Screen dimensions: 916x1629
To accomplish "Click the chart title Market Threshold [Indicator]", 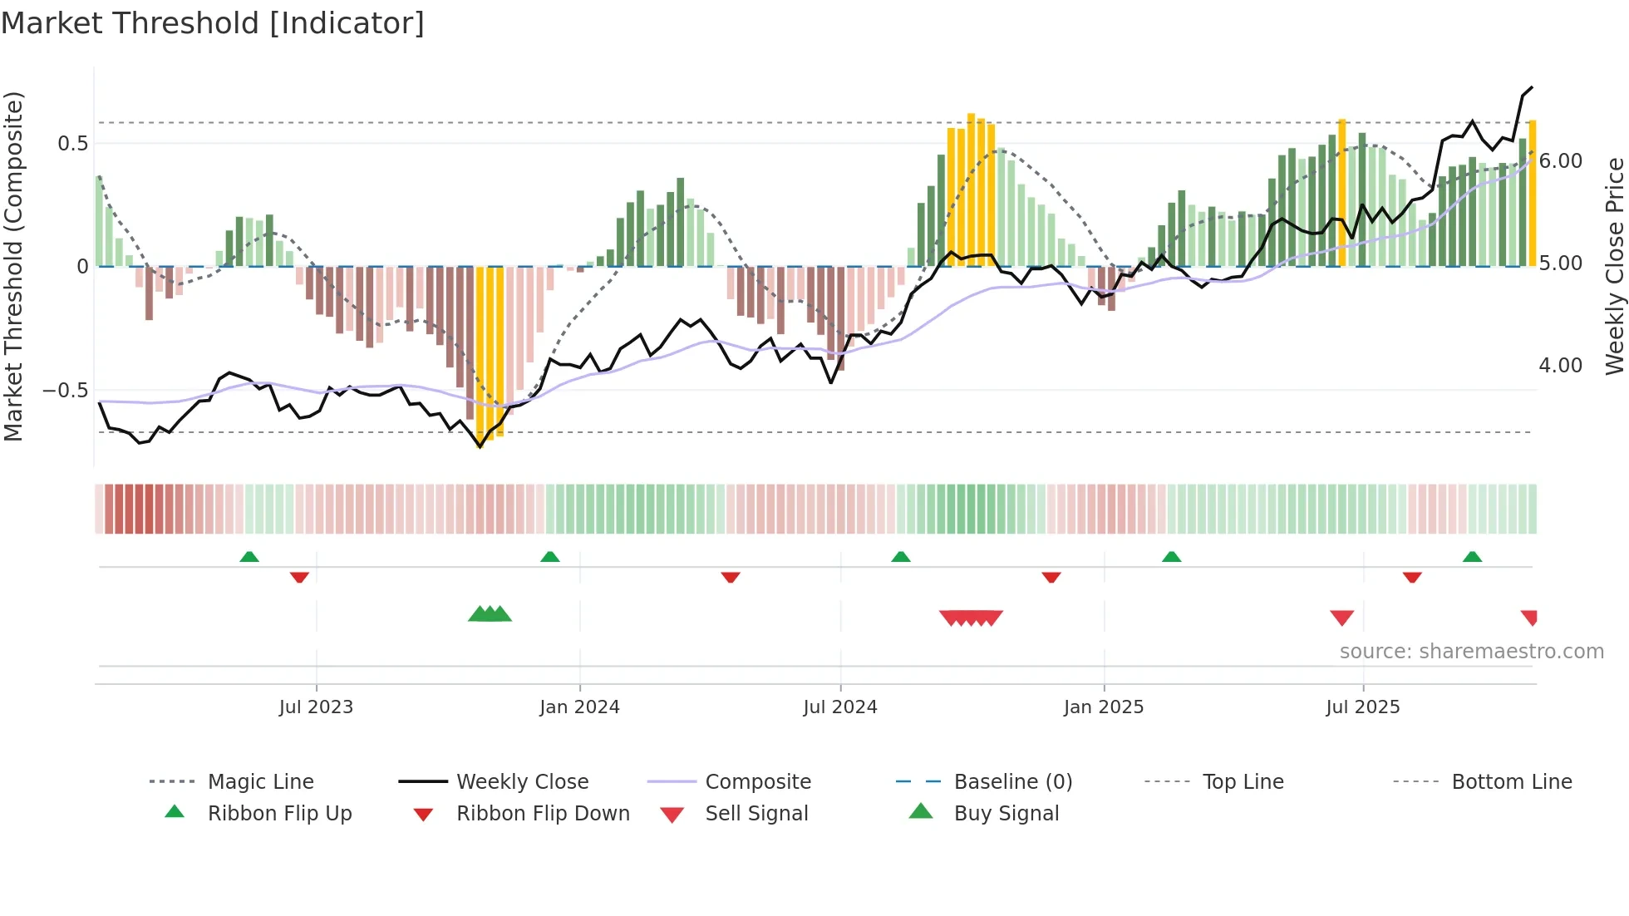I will [213, 23].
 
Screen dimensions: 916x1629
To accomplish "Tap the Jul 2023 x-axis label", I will [316, 707].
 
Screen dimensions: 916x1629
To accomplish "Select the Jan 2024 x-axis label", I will [579, 707].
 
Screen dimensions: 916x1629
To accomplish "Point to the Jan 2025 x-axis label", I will [1103, 707].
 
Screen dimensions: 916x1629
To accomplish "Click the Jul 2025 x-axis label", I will [1362, 707].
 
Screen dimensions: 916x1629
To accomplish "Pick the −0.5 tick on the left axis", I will [65, 391].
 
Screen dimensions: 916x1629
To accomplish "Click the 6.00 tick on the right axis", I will [1560, 161].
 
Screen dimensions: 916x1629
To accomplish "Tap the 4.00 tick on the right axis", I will [1560, 366].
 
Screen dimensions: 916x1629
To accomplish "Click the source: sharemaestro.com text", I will [1471, 652].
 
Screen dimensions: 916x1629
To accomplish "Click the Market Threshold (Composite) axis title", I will [13, 266].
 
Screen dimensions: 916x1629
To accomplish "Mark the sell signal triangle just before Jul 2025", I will [1341, 618].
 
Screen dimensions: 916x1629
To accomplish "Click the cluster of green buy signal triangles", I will [490, 614].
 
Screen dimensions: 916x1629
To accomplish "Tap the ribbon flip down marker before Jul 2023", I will [299, 577].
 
